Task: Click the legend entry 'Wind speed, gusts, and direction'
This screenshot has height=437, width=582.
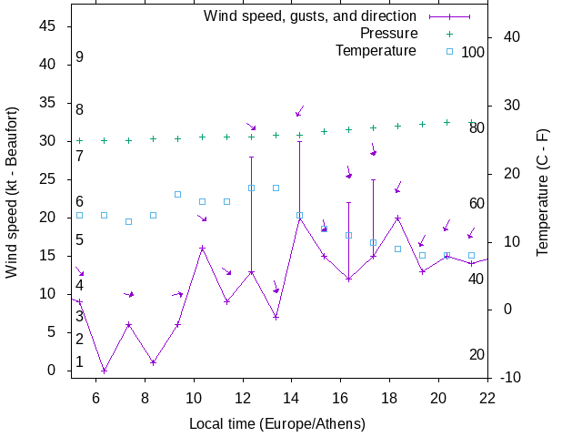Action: click(309, 16)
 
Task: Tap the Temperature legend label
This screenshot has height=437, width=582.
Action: click(376, 51)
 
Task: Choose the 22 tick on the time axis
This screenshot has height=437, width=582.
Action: click(487, 397)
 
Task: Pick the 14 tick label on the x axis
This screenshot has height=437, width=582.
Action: click(292, 397)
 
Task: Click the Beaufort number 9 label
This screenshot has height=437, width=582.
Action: click(80, 57)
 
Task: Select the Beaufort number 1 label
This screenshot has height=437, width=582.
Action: click(80, 362)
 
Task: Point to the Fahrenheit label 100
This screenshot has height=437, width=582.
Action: click(473, 52)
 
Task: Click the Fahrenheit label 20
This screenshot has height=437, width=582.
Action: click(477, 354)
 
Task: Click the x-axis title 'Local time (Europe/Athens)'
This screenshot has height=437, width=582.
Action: click(277, 424)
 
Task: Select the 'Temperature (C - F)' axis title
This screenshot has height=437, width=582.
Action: click(543, 191)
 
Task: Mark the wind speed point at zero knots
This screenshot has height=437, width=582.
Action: click(104, 371)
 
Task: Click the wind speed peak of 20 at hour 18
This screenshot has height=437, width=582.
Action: click(397, 218)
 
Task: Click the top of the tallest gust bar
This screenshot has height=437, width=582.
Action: click(299, 141)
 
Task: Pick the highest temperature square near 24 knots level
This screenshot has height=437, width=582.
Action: click(251, 188)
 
